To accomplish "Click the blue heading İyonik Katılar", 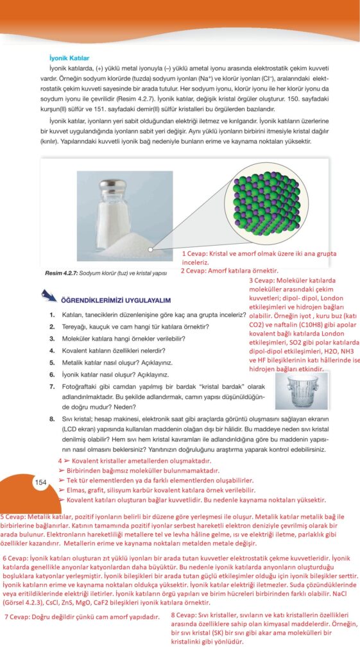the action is tap(69, 58).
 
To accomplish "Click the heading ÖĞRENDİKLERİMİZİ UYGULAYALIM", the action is tap(116, 300).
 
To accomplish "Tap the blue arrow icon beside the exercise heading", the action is tap(49, 296).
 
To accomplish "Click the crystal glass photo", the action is tap(302, 391).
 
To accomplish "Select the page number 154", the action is tap(40, 482).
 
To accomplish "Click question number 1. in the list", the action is tap(52, 314).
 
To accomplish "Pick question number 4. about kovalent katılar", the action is tap(52, 350).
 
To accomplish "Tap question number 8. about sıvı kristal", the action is tap(52, 418).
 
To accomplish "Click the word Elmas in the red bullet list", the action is tap(76, 490).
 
